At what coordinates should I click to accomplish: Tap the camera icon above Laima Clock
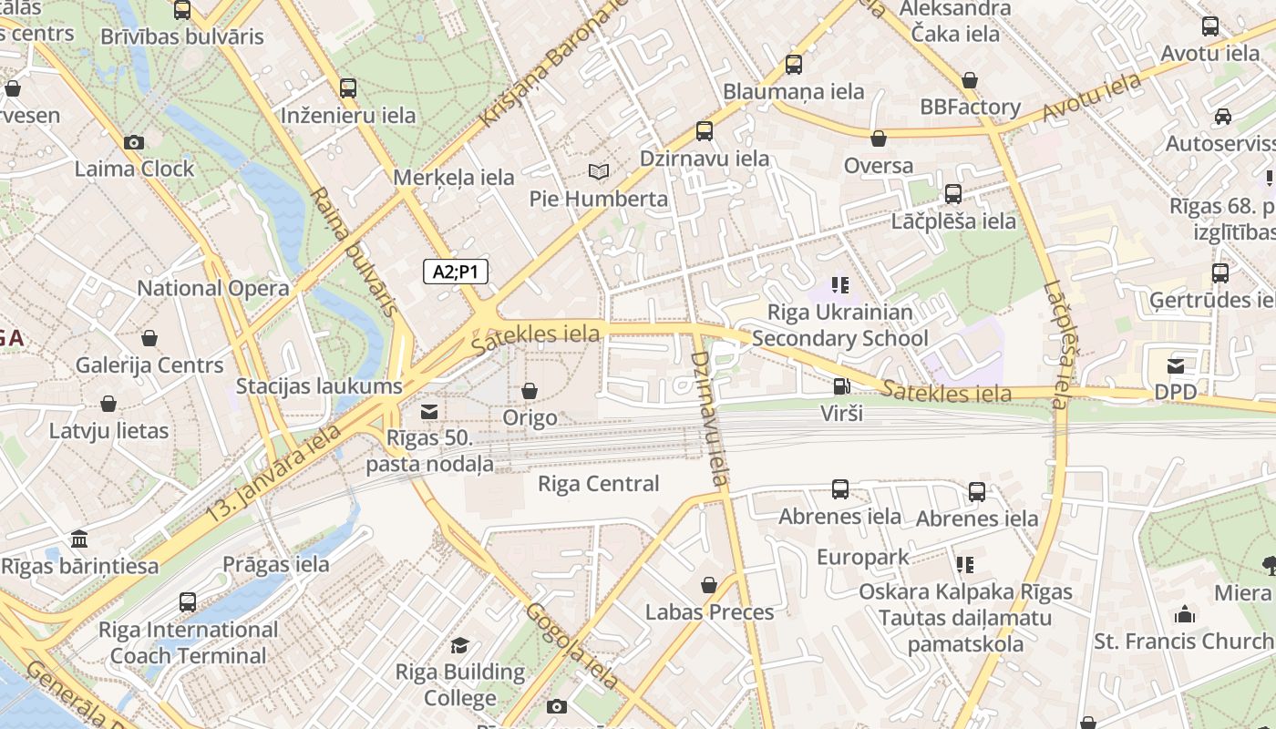point(134,142)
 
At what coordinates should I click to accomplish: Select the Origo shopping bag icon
point(530,391)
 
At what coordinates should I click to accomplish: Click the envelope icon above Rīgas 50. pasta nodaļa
point(428,411)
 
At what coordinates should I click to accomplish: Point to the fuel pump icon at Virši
point(840,386)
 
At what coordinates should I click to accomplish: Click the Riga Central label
point(598,484)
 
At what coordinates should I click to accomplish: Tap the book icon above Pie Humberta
point(598,171)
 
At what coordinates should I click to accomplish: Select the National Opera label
point(212,289)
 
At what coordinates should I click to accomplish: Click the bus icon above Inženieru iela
point(348,88)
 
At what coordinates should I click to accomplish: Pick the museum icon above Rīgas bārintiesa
point(79,538)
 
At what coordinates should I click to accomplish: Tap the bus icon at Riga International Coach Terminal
point(188,602)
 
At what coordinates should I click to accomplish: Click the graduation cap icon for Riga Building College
point(460,645)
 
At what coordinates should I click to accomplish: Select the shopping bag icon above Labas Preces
point(709,585)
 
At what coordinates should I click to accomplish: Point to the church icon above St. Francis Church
point(1185,614)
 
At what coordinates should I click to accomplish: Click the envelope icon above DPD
point(1176,365)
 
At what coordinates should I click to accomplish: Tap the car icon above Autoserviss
point(1223,117)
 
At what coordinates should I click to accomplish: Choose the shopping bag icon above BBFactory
point(970,80)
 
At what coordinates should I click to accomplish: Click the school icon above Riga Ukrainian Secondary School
point(840,285)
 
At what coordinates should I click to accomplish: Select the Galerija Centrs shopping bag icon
point(149,338)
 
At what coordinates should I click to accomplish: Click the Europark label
point(862,557)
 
